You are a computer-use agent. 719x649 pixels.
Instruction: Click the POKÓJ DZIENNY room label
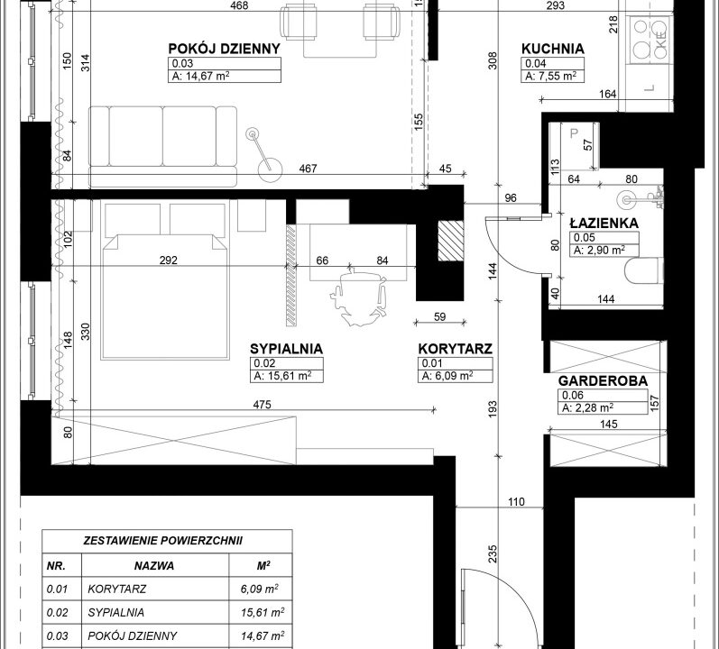(225, 49)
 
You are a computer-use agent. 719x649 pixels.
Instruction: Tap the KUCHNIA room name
(552, 49)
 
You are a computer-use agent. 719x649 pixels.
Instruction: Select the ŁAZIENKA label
(604, 223)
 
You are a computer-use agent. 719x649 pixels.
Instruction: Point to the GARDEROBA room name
(603, 380)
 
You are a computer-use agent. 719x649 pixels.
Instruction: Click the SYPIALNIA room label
(286, 349)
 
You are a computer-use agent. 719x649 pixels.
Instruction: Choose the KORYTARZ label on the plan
(455, 349)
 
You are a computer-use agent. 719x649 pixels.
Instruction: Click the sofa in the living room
(162, 147)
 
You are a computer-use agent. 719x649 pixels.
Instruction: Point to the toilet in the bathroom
(644, 270)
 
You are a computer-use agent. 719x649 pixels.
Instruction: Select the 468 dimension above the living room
(239, 5)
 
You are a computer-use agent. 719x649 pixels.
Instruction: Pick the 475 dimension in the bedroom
(262, 405)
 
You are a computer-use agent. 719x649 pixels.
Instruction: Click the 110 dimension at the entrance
(516, 502)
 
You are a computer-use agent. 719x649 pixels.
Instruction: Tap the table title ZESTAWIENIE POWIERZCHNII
(162, 541)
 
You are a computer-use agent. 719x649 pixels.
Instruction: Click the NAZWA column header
(154, 566)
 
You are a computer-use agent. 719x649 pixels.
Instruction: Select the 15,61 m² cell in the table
(263, 612)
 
